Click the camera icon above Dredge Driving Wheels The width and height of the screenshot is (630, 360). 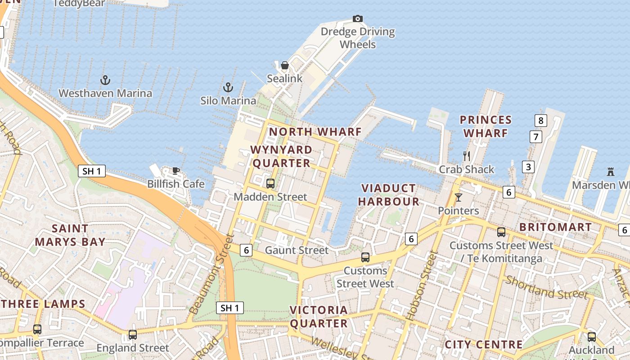[358, 18]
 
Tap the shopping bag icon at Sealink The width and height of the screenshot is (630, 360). [284, 66]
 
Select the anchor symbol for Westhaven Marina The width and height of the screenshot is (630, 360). [105, 80]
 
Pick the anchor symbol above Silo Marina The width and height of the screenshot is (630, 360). [228, 87]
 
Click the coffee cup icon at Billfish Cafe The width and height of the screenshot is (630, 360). [176, 171]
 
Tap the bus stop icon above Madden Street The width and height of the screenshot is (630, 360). [270, 183]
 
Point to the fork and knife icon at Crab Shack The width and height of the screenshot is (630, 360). [467, 156]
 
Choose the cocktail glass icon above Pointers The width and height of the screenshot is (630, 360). [459, 197]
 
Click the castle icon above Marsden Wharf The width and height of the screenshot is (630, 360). [611, 172]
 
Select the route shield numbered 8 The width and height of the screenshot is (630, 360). [541, 121]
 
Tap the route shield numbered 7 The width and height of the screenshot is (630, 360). [535, 137]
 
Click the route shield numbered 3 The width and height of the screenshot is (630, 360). [528, 167]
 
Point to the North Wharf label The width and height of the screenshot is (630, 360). [315, 132]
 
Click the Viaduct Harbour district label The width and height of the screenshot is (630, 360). [389, 194]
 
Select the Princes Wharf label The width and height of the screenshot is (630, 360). [486, 126]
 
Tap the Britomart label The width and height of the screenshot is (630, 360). [555, 227]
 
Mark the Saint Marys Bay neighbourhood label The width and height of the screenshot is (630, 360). [70, 235]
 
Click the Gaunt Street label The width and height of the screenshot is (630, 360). [297, 250]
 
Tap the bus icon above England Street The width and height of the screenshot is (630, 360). [133, 335]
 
